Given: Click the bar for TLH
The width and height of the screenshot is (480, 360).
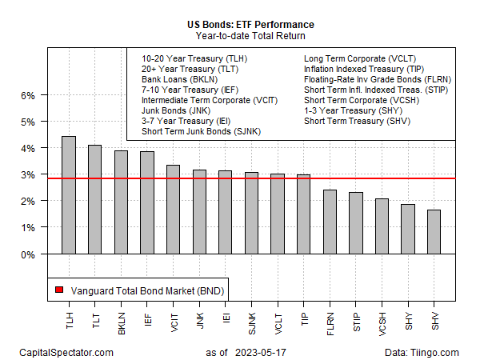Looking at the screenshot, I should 69,195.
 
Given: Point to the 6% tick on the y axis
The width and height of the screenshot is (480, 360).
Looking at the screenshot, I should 46,95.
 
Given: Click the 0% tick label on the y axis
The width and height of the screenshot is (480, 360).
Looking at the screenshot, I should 27,254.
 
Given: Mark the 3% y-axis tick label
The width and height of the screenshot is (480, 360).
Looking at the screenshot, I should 27,174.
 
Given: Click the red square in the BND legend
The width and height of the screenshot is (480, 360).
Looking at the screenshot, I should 58,290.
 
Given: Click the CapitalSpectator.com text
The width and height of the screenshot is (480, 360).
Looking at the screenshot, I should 68,352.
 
